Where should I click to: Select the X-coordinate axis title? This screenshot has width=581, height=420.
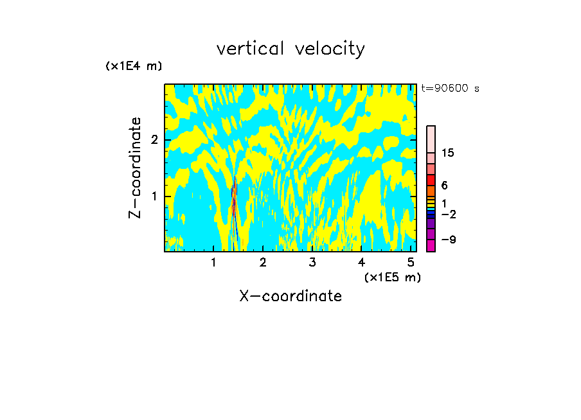tap(290, 296)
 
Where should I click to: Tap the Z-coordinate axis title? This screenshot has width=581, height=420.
tap(135, 168)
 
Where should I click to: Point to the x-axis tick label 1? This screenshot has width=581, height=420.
tap(213, 263)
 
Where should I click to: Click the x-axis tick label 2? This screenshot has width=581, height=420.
tap(263, 263)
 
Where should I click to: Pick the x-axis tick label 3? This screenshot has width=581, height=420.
tap(312, 263)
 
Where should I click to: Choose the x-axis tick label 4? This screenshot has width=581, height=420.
tap(362, 263)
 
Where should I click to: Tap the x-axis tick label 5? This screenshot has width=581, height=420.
tap(411, 263)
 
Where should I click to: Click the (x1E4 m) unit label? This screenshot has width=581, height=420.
tap(134, 66)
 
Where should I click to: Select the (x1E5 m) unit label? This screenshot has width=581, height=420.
tap(392, 277)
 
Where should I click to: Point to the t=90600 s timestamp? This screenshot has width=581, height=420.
tap(450, 89)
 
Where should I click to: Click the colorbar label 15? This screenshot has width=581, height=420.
tap(448, 153)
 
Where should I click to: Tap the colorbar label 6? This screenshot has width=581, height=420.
tap(444, 185)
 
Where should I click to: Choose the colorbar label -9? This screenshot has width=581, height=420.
tap(448, 240)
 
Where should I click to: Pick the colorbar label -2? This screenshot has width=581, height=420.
tap(448, 214)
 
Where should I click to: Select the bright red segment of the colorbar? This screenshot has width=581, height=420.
tap(431, 180)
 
